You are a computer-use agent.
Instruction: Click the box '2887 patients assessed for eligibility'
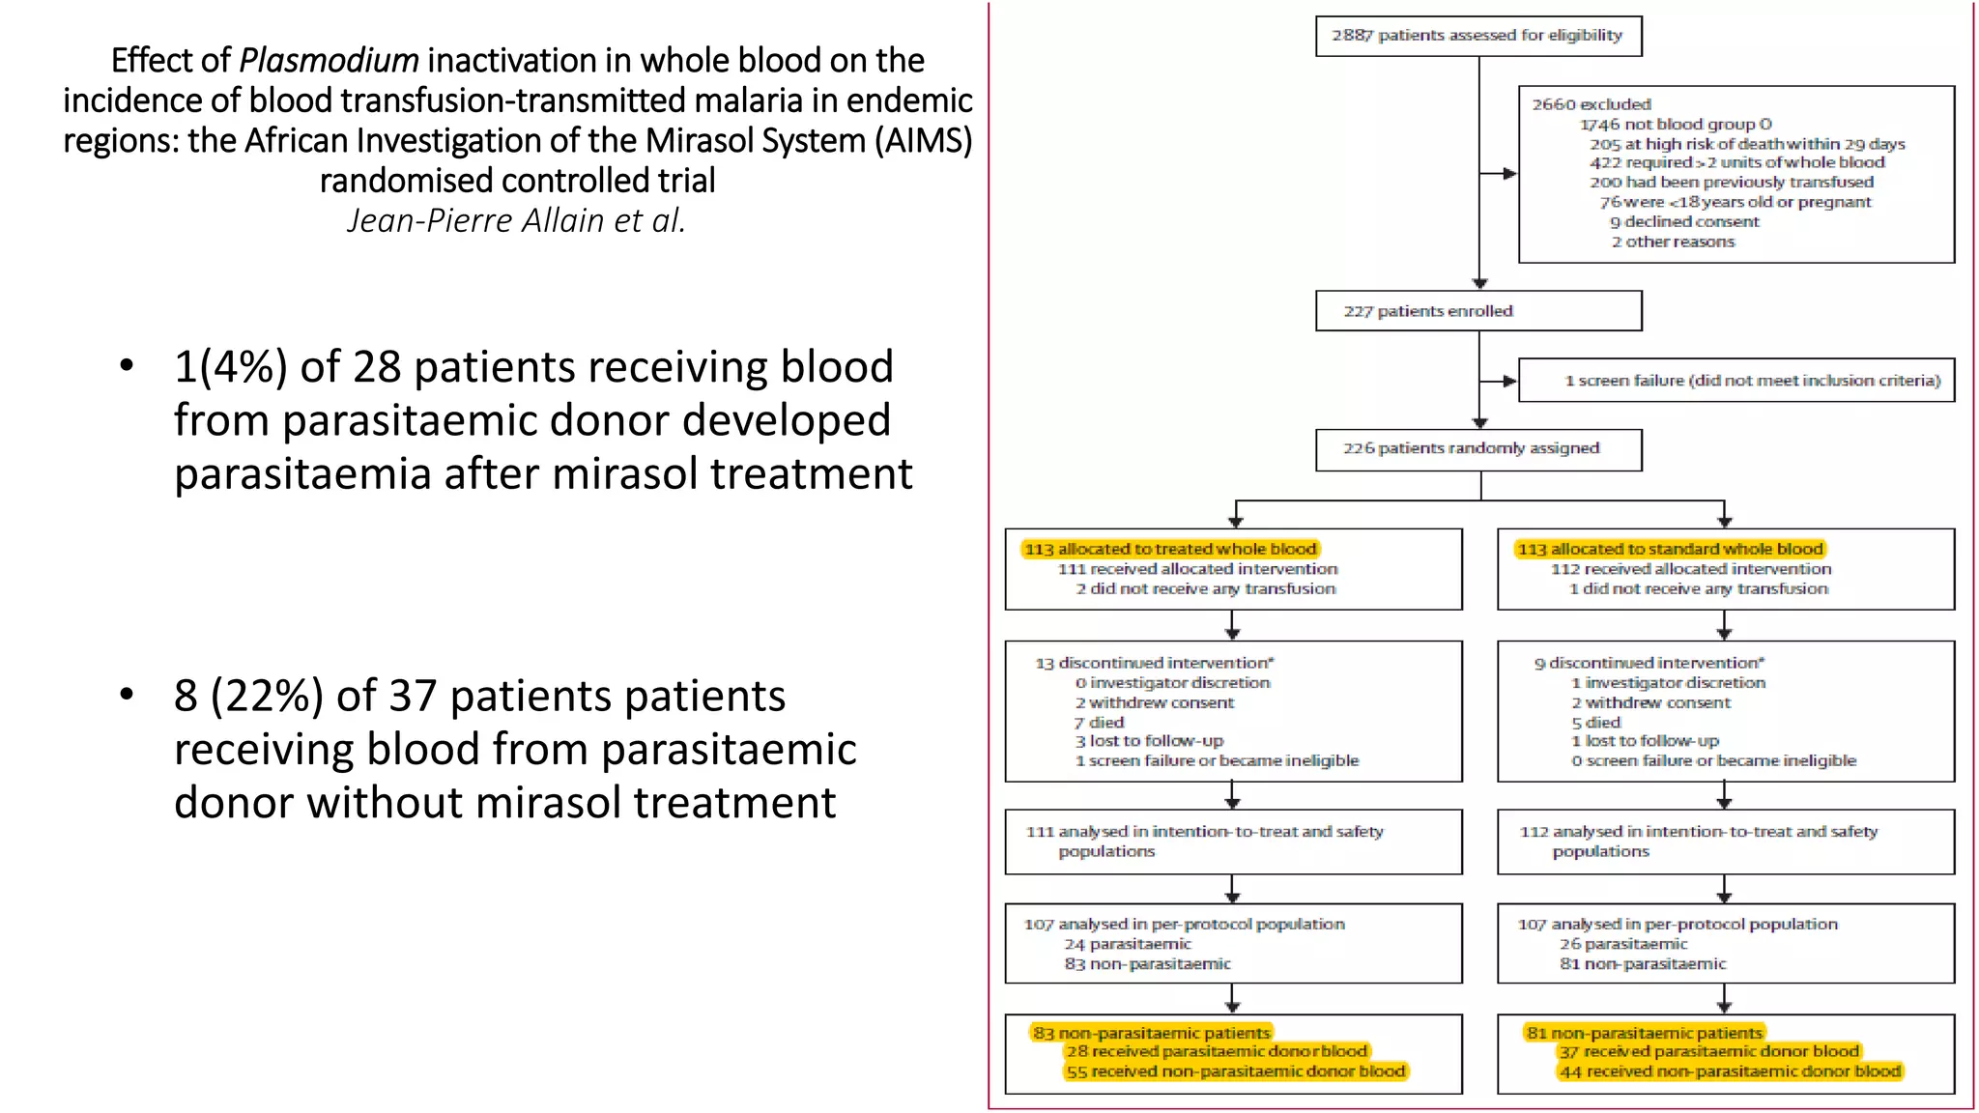pyautogui.click(x=1477, y=36)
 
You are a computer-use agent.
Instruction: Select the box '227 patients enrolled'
pyautogui.click(x=1477, y=311)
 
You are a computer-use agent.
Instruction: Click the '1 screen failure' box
pyautogui.click(x=1735, y=381)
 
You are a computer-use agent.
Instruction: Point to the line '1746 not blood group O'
pyautogui.click(x=1676, y=125)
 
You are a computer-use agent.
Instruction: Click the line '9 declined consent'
pyautogui.click(x=1684, y=222)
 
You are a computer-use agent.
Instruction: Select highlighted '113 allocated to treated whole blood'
pyautogui.click(x=1170, y=549)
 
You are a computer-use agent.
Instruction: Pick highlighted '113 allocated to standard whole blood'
pyautogui.click(x=1670, y=549)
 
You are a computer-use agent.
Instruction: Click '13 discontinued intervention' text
pyautogui.click(x=1154, y=663)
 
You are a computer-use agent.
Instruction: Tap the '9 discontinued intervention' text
pyautogui.click(x=1649, y=663)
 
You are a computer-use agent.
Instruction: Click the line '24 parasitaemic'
pyautogui.click(x=1128, y=944)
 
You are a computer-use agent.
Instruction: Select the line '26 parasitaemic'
pyautogui.click(x=1622, y=944)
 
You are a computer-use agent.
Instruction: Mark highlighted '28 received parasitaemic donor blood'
pyautogui.click(x=1217, y=1051)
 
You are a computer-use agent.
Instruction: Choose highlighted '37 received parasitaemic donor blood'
pyautogui.click(x=1708, y=1051)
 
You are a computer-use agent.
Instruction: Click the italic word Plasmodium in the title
pyautogui.click(x=329, y=61)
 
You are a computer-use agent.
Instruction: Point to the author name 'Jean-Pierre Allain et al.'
pyautogui.click(x=517, y=221)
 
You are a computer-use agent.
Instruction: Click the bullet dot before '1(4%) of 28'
pyautogui.click(x=127, y=366)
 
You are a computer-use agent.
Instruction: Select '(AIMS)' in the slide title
pyautogui.click(x=924, y=141)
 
